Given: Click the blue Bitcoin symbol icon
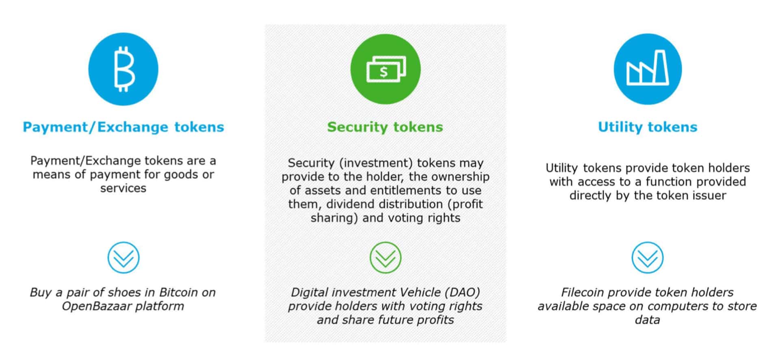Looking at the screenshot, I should pos(123,69).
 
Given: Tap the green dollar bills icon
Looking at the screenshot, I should pos(385,69).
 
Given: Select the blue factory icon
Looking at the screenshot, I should pos(648,69).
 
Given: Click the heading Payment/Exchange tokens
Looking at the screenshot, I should pos(123,127).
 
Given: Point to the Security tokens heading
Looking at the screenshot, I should pos(385,127).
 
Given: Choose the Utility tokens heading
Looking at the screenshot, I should pos(648,127).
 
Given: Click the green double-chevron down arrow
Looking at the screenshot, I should pos(385,258).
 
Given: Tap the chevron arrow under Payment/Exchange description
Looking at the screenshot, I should pos(123,258).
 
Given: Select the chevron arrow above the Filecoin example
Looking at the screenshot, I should pos(648,258).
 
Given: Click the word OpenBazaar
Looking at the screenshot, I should pos(96,306).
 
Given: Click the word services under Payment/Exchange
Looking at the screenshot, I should pos(123,188).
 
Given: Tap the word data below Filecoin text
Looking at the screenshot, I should pos(648,320).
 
